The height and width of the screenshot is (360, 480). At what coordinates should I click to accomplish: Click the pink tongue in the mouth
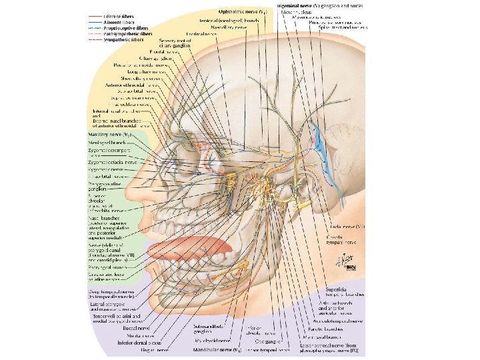pos(187,249)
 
